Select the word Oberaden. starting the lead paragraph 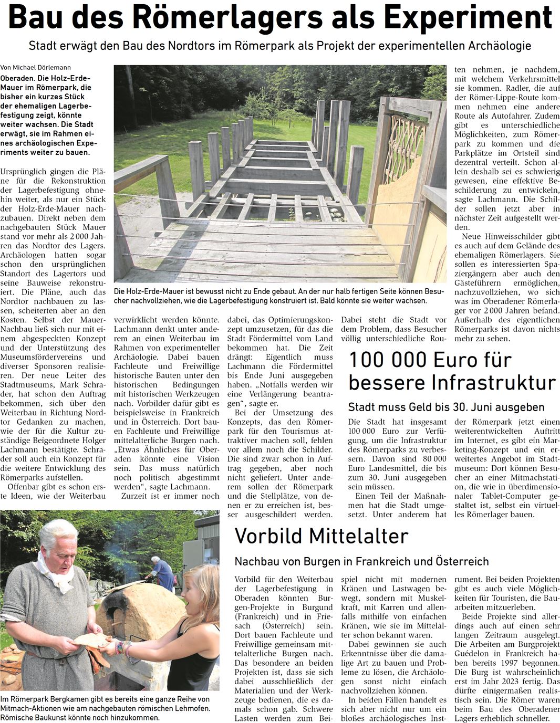pyautogui.click(x=17, y=78)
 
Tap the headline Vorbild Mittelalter pyautogui.click(x=321, y=536)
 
